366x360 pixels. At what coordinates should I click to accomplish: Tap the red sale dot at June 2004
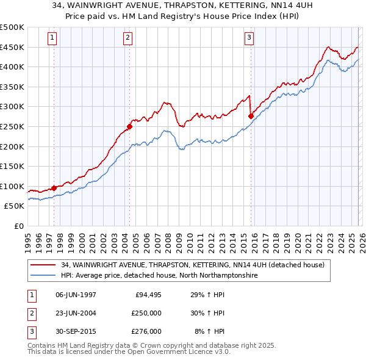129,127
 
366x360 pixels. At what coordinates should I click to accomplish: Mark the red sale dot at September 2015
251,116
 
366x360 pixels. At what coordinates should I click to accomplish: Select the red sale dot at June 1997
54,188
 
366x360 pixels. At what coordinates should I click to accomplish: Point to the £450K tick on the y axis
12,47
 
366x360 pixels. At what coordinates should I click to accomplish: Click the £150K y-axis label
12,166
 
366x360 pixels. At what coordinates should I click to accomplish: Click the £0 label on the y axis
18,226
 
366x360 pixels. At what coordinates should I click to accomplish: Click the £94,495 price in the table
146,295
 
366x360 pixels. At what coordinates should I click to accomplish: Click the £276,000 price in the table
146,331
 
